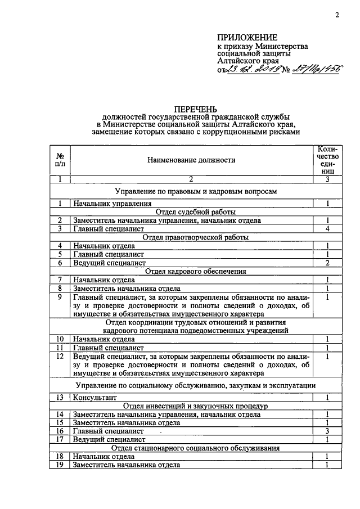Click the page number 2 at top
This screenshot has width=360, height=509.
(336, 15)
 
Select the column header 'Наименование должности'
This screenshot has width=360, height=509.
(191, 160)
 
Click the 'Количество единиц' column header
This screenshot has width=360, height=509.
(327, 160)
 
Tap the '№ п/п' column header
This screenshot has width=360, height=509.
(60, 160)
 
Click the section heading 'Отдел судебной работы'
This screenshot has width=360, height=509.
(191, 212)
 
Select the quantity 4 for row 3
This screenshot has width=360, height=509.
(327, 229)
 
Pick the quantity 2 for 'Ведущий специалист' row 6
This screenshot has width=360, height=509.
(327, 263)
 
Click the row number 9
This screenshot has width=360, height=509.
(60, 296)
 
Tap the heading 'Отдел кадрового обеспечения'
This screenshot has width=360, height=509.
(191, 271)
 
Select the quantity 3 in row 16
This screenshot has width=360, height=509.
(327, 431)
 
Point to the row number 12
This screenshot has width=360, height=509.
(60, 356)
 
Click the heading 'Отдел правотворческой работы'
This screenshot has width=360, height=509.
(191, 237)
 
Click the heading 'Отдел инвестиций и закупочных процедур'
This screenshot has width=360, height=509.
(191, 406)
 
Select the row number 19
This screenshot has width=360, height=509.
(60, 465)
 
